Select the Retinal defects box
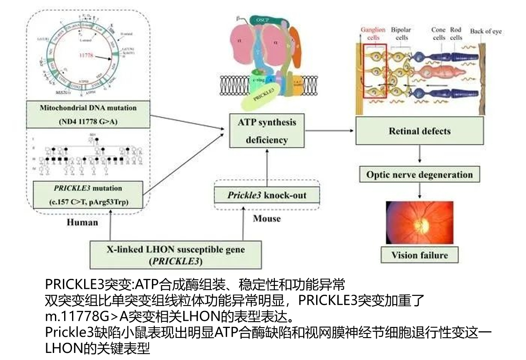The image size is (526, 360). pos(419,131)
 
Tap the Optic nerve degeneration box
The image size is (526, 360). pos(419,174)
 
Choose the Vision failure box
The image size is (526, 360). pos(419,255)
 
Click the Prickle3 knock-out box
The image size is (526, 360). pos(267,195)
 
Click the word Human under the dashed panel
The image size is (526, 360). pos(82,222)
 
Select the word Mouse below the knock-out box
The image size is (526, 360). pos(267,218)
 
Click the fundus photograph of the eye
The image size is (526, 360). pos(419,222)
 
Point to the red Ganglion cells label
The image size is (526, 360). pos(373,34)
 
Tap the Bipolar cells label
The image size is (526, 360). pos(401,34)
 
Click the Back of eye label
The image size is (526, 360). pos(486,31)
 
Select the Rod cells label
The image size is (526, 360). pos(456,34)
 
